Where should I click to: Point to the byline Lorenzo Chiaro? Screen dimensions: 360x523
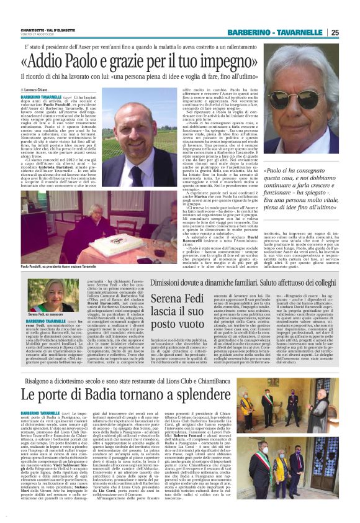click(x=38, y=91)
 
